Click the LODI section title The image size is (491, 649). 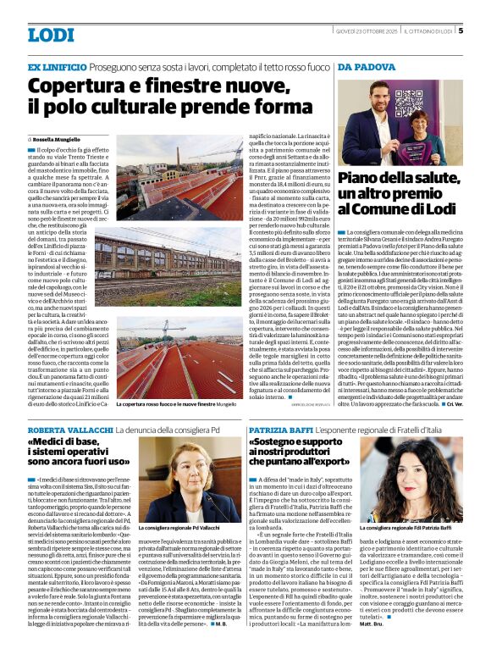pos(51,35)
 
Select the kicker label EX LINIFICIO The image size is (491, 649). pos(57,66)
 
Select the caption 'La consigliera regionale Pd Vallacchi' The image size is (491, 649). pos(186,527)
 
